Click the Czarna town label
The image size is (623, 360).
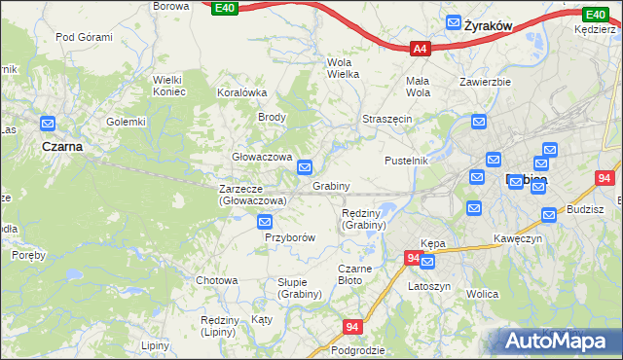pyautogui.click(x=61, y=146)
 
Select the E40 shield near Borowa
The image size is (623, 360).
pyautogui.click(x=224, y=8)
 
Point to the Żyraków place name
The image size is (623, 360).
pyautogui.click(x=489, y=23)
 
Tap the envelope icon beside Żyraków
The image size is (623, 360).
pyautogui.click(x=454, y=22)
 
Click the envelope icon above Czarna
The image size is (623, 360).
pyautogui.click(x=48, y=125)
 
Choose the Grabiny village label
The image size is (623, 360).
pyautogui.click(x=331, y=185)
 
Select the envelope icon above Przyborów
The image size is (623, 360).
pyautogui.click(x=265, y=223)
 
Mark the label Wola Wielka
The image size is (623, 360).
pyautogui.click(x=343, y=67)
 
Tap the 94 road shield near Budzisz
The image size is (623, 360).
pyautogui.click(x=605, y=178)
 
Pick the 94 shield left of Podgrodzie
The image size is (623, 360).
pyautogui.click(x=352, y=328)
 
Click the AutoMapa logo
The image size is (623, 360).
pyautogui.click(x=555, y=341)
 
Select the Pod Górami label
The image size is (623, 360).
pyautogui.click(x=84, y=37)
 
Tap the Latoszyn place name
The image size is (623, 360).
pyautogui.click(x=429, y=287)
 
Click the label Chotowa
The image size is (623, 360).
pyautogui.click(x=216, y=280)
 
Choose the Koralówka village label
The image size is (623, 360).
pyautogui.click(x=241, y=92)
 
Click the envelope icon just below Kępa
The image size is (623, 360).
pyautogui.click(x=427, y=262)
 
